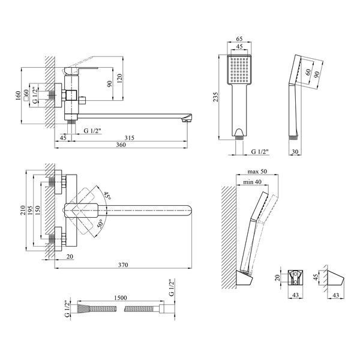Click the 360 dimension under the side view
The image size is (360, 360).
121,145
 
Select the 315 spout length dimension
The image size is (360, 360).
129,138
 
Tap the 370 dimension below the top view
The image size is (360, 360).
123,265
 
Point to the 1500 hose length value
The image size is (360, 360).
121,298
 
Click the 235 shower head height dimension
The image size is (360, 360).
215,97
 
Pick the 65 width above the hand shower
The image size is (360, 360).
239,39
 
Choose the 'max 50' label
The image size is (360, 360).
257,172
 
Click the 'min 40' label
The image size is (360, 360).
252,182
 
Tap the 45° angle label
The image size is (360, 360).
107,196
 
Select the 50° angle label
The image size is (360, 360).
101,223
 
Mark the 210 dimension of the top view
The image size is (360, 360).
23,210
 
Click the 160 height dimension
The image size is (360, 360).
18,95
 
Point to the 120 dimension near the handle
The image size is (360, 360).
119,78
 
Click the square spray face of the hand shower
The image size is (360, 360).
239,70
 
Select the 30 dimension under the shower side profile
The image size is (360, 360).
295,152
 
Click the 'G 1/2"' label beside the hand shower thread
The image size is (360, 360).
260,152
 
